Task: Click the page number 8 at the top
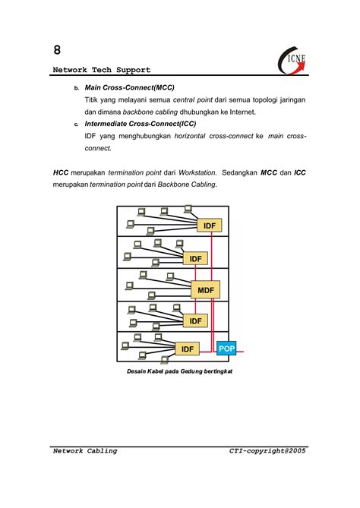(57, 50)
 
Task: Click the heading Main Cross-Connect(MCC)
(129, 87)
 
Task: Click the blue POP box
(226, 349)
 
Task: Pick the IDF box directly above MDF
(195, 259)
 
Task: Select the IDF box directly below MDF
(195, 321)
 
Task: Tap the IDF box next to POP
(188, 349)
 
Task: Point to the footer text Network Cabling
(85, 450)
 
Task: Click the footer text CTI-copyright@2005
(268, 450)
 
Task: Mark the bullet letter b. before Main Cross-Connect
(76, 88)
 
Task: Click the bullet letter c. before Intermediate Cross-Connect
(76, 124)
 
